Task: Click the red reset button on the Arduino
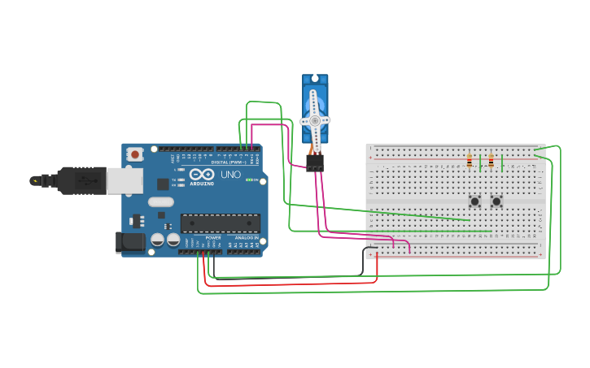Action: pos(135,152)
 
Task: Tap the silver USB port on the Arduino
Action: pos(125,181)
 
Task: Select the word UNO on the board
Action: pos(231,174)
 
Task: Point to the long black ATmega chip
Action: pos(220,223)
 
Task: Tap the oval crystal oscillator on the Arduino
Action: pos(161,202)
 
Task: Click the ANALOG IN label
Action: pos(246,238)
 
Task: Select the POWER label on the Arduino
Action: pos(213,238)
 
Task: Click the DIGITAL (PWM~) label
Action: pos(230,162)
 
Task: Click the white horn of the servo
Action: pos(315,120)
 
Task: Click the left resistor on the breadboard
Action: pos(470,161)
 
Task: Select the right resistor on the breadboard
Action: pos(491,161)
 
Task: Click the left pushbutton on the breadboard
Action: pos(474,201)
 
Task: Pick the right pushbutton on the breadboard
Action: pos(496,201)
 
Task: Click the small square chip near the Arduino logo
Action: pos(163,184)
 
